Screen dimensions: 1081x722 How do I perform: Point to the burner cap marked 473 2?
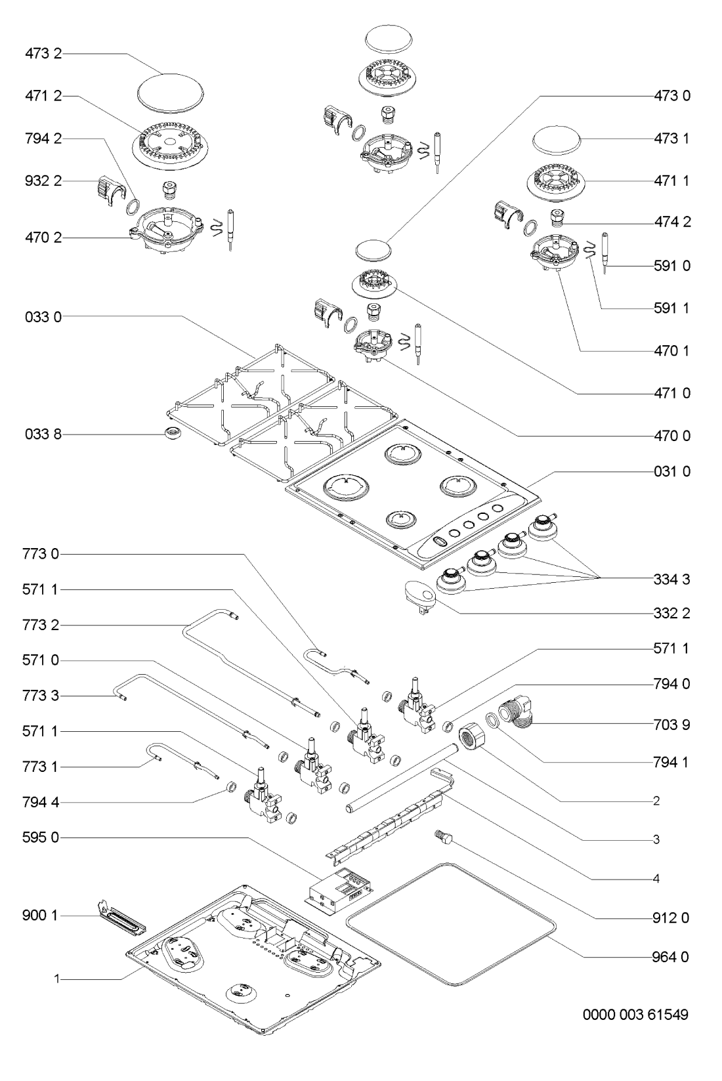165,89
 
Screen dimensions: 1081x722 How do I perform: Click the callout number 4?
656,878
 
